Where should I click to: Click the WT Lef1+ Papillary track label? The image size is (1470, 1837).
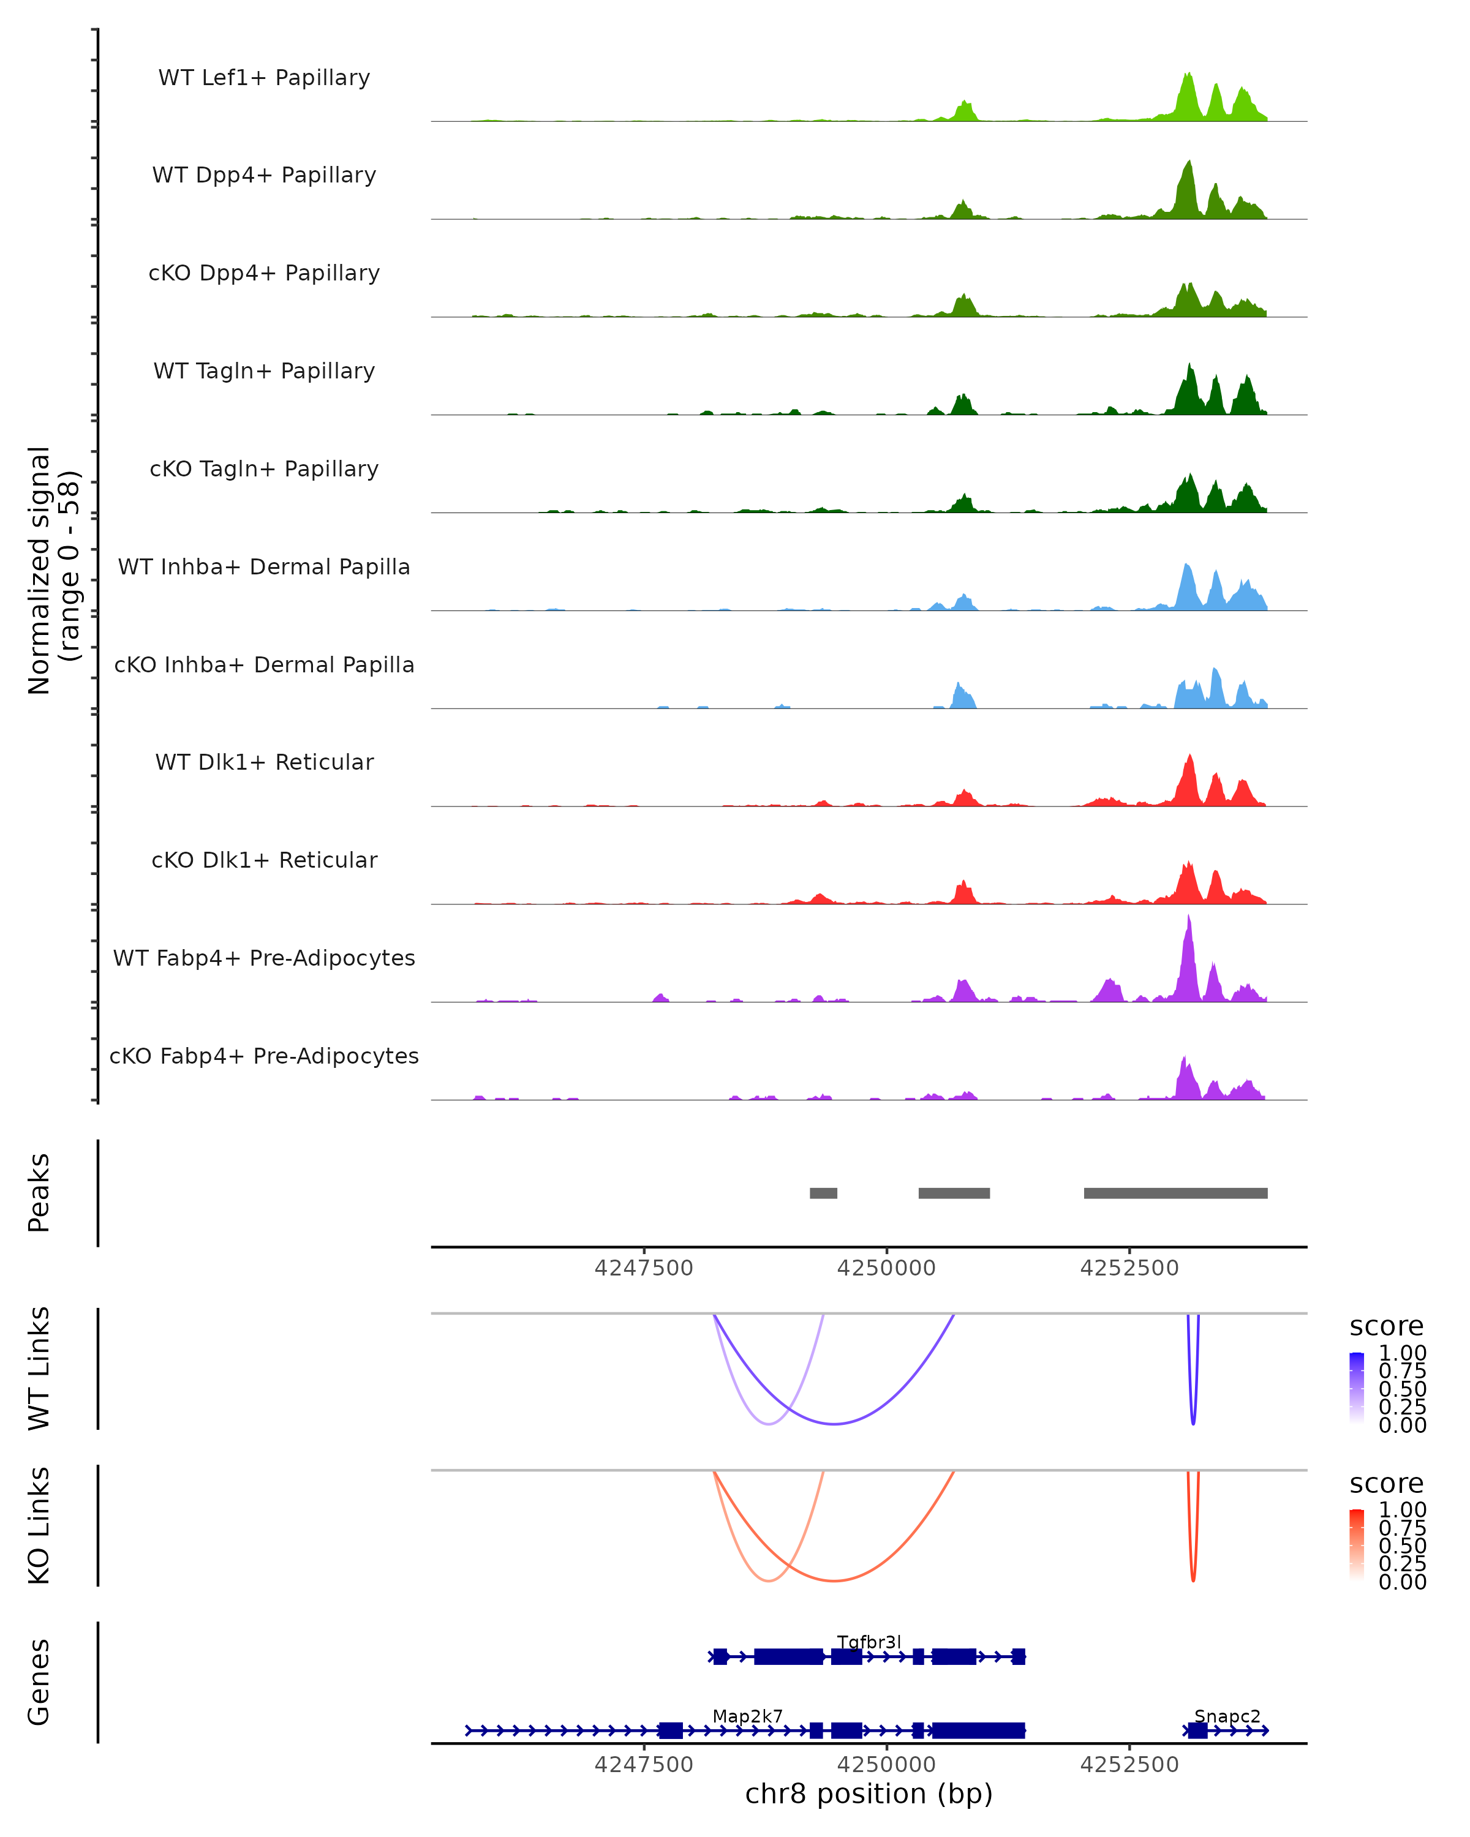[264, 78]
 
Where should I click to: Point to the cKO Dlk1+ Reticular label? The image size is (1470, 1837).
[264, 860]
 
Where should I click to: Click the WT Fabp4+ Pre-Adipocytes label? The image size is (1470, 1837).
[264, 958]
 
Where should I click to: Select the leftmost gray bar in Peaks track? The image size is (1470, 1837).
[823, 1193]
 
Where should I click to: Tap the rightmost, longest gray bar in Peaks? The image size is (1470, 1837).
[1175, 1193]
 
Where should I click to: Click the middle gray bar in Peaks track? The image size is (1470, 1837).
[954, 1193]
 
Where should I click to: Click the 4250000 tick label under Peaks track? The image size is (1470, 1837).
[886, 1268]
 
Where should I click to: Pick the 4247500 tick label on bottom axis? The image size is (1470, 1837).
[643, 1765]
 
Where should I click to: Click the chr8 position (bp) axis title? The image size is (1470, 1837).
[869, 1794]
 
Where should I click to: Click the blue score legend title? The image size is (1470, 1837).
[1387, 1327]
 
